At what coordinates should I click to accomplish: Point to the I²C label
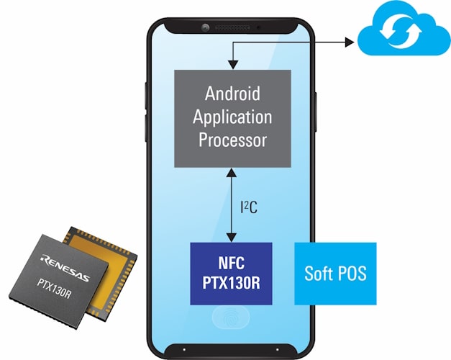click(249, 207)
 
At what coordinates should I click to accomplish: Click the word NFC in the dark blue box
click(231, 264)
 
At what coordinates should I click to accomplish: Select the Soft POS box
click(335, 274)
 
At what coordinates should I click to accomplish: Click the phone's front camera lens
click(205, 27)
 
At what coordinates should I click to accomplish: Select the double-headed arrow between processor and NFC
click(231, 206)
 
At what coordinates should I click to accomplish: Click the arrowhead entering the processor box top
click(231, 65)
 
